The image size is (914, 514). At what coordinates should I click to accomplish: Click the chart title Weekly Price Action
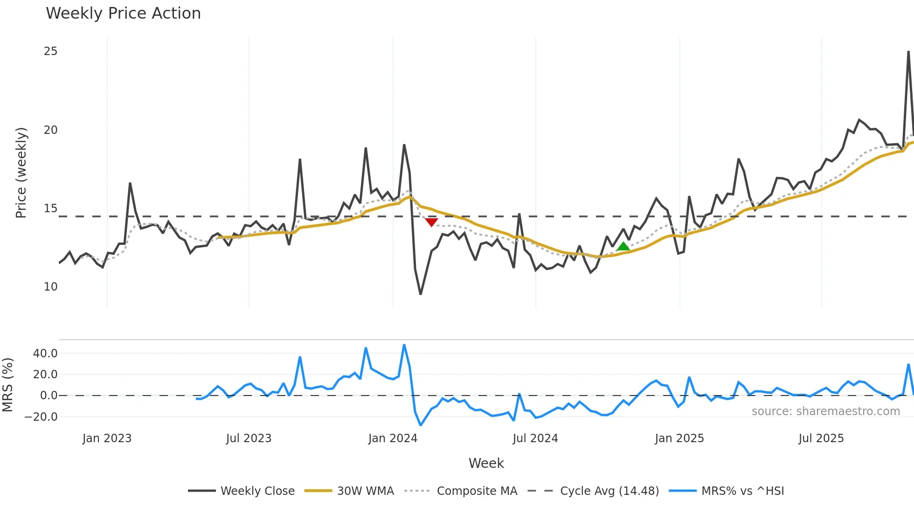point(123,14)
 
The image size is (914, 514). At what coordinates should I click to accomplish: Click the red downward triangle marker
point(431,222)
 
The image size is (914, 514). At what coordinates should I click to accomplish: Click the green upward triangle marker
point(623,247)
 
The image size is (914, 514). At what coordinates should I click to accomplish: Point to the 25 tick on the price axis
point(50,51)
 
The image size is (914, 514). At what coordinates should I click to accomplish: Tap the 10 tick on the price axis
point(50,287)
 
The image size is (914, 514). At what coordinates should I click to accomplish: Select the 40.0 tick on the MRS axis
point(45,354)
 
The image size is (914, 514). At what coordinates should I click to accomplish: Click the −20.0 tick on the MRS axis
point(42,417)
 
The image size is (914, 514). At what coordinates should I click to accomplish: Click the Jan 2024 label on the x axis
point(393,438)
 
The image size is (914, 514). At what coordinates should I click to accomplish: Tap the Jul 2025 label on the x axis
point(821,438)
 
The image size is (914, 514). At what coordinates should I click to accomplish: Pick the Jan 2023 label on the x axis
point(107,438)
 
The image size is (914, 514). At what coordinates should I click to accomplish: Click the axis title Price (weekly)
point(21,173)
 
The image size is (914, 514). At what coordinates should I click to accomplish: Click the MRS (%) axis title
point(7,385)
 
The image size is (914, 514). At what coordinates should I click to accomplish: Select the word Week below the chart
point(486,463)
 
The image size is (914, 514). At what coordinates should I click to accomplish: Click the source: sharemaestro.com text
point(825,411)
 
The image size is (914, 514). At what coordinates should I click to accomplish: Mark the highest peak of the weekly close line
point(908,52)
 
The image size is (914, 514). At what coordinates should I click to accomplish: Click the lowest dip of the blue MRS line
point(421,425)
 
